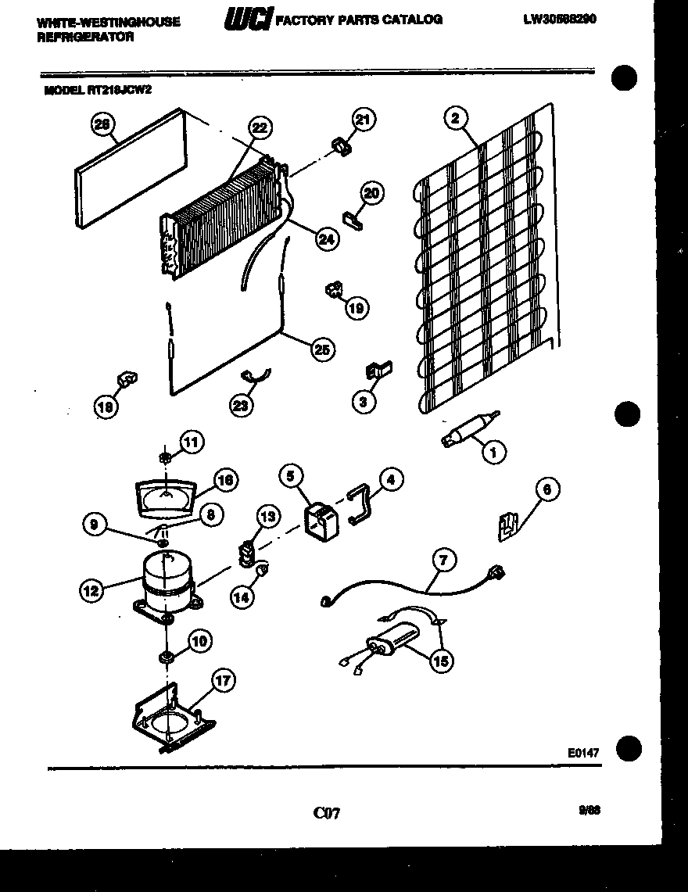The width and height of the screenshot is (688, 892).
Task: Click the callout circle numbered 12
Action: pyautogui.click(x=91, y=590)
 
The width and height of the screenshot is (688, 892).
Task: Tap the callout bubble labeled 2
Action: pyautogui.click(x=455, y=118)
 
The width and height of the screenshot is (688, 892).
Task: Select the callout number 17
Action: pyautogui.click(x=223, y=680)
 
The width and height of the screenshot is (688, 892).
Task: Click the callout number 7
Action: pyautogui.click(x=443, y=560)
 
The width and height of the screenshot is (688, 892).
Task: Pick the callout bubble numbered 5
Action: pyautogui.click(x=291, y=476)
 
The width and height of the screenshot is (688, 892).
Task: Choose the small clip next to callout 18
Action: pyautogui.click(x=127, y=380)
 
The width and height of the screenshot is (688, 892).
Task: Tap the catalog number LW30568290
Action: pyautogui.click(x=560, y=20)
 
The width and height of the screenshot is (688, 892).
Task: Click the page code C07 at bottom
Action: pyautogui.click(x=326, y=814)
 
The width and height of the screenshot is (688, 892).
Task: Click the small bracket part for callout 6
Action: pyautogui.click(x=509, y=525)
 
